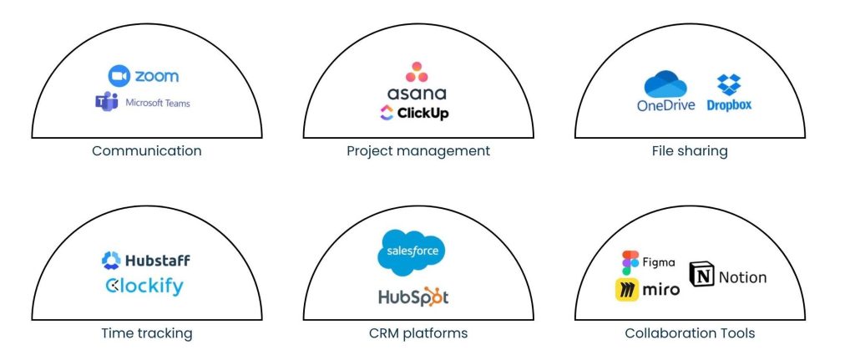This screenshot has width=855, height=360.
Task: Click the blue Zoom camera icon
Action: pos(120,76)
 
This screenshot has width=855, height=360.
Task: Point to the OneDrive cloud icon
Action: pos(665,85)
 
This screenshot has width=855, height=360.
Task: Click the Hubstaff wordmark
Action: pos(155,260)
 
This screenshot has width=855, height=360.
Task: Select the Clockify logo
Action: pos(144,286)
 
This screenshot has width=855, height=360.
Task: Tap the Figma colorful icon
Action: pos(630,262)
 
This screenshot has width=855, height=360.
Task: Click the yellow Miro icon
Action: pos(628,289)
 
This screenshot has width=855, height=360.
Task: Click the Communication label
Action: pos(147,151)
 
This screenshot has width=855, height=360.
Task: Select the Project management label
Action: pos(418,151)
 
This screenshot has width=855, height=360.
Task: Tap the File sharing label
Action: pos(690,151)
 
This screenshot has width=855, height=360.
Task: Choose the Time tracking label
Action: pos(147,333)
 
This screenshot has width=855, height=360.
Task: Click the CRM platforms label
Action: pos(418,333)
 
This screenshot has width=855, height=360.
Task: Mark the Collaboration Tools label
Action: pos(690,333)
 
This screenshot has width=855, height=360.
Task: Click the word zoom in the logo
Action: pos(156,76)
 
